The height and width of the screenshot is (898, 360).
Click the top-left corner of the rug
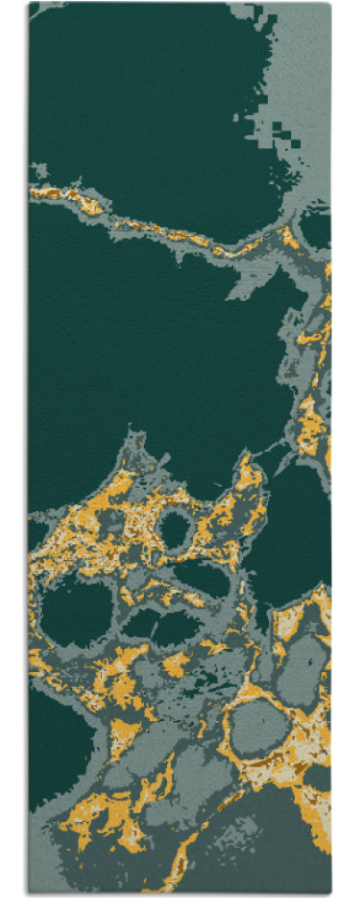tap(29, 4)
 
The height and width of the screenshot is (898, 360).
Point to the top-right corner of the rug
tap(330, 4)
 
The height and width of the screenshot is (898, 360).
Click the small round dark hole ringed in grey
tap(175, 531)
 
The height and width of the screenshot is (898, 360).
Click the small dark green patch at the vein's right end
tap(314, 228)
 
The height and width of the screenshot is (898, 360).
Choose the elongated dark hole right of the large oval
tap(161, 625)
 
